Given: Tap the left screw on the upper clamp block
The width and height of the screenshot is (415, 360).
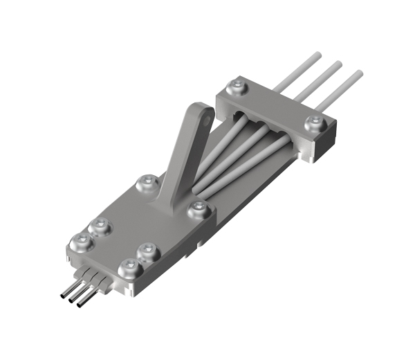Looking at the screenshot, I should pyautogui.click(x=237, y=87).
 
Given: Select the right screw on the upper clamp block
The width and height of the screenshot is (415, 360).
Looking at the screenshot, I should pyautogui.click(x=315, y=125).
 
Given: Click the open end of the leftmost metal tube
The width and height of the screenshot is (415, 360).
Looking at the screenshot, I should pyautogui.click(x=63, y=297).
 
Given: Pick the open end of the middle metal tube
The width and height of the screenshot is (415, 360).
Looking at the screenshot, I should pyautogui.click(x=73, y=300).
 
